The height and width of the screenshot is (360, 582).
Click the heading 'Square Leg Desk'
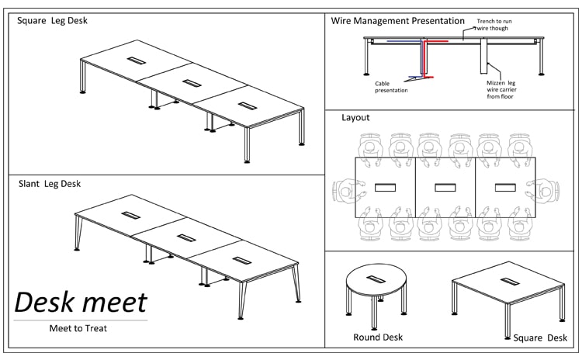[52, 21]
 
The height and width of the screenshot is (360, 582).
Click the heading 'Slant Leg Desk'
[50, 184]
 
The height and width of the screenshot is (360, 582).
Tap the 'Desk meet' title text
[81, 303]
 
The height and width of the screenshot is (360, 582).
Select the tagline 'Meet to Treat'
[78, 328]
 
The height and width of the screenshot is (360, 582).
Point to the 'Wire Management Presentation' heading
[397, 21]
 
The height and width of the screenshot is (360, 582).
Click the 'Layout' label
[355, 118]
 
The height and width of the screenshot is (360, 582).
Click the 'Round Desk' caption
[378, 337]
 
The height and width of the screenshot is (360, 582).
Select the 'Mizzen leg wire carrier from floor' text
[501, 89]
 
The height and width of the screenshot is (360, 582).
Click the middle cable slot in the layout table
[445, 188]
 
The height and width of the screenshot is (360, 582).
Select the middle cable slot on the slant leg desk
[184, 237]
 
